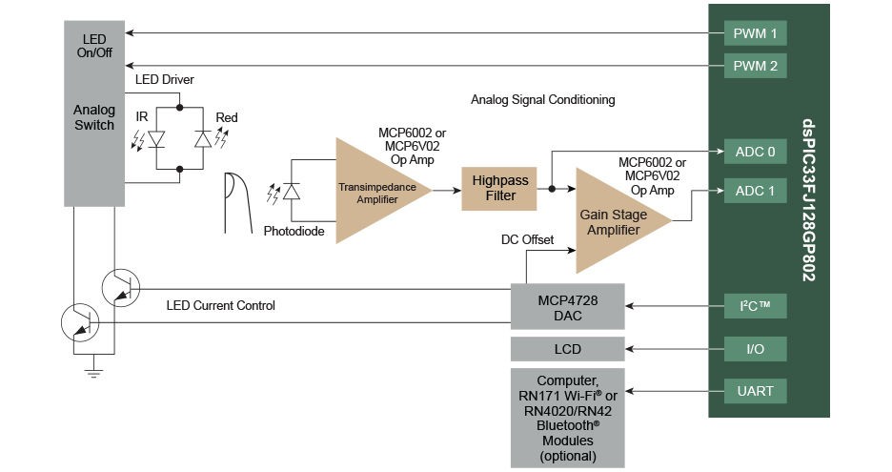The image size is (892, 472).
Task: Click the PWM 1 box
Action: point(755,34)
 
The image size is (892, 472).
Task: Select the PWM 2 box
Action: point(755,66)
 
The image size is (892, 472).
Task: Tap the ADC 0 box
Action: point(755,152)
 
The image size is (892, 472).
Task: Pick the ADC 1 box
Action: point(755,191)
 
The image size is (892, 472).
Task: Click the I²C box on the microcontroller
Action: point(755,307)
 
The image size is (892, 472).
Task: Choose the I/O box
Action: point(755,349)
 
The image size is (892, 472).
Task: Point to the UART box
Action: point(755,390)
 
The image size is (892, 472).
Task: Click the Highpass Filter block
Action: point(495,189)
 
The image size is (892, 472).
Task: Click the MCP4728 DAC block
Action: point(567,306)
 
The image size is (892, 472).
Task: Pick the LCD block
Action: point(567,349)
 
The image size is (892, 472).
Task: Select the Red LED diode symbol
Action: point(201,139)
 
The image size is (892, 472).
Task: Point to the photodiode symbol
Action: point(292,191)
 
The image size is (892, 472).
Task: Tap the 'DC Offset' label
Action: point(527,239)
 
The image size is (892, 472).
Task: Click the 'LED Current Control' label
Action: point(220,305)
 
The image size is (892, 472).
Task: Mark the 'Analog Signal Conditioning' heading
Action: point(542,99)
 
